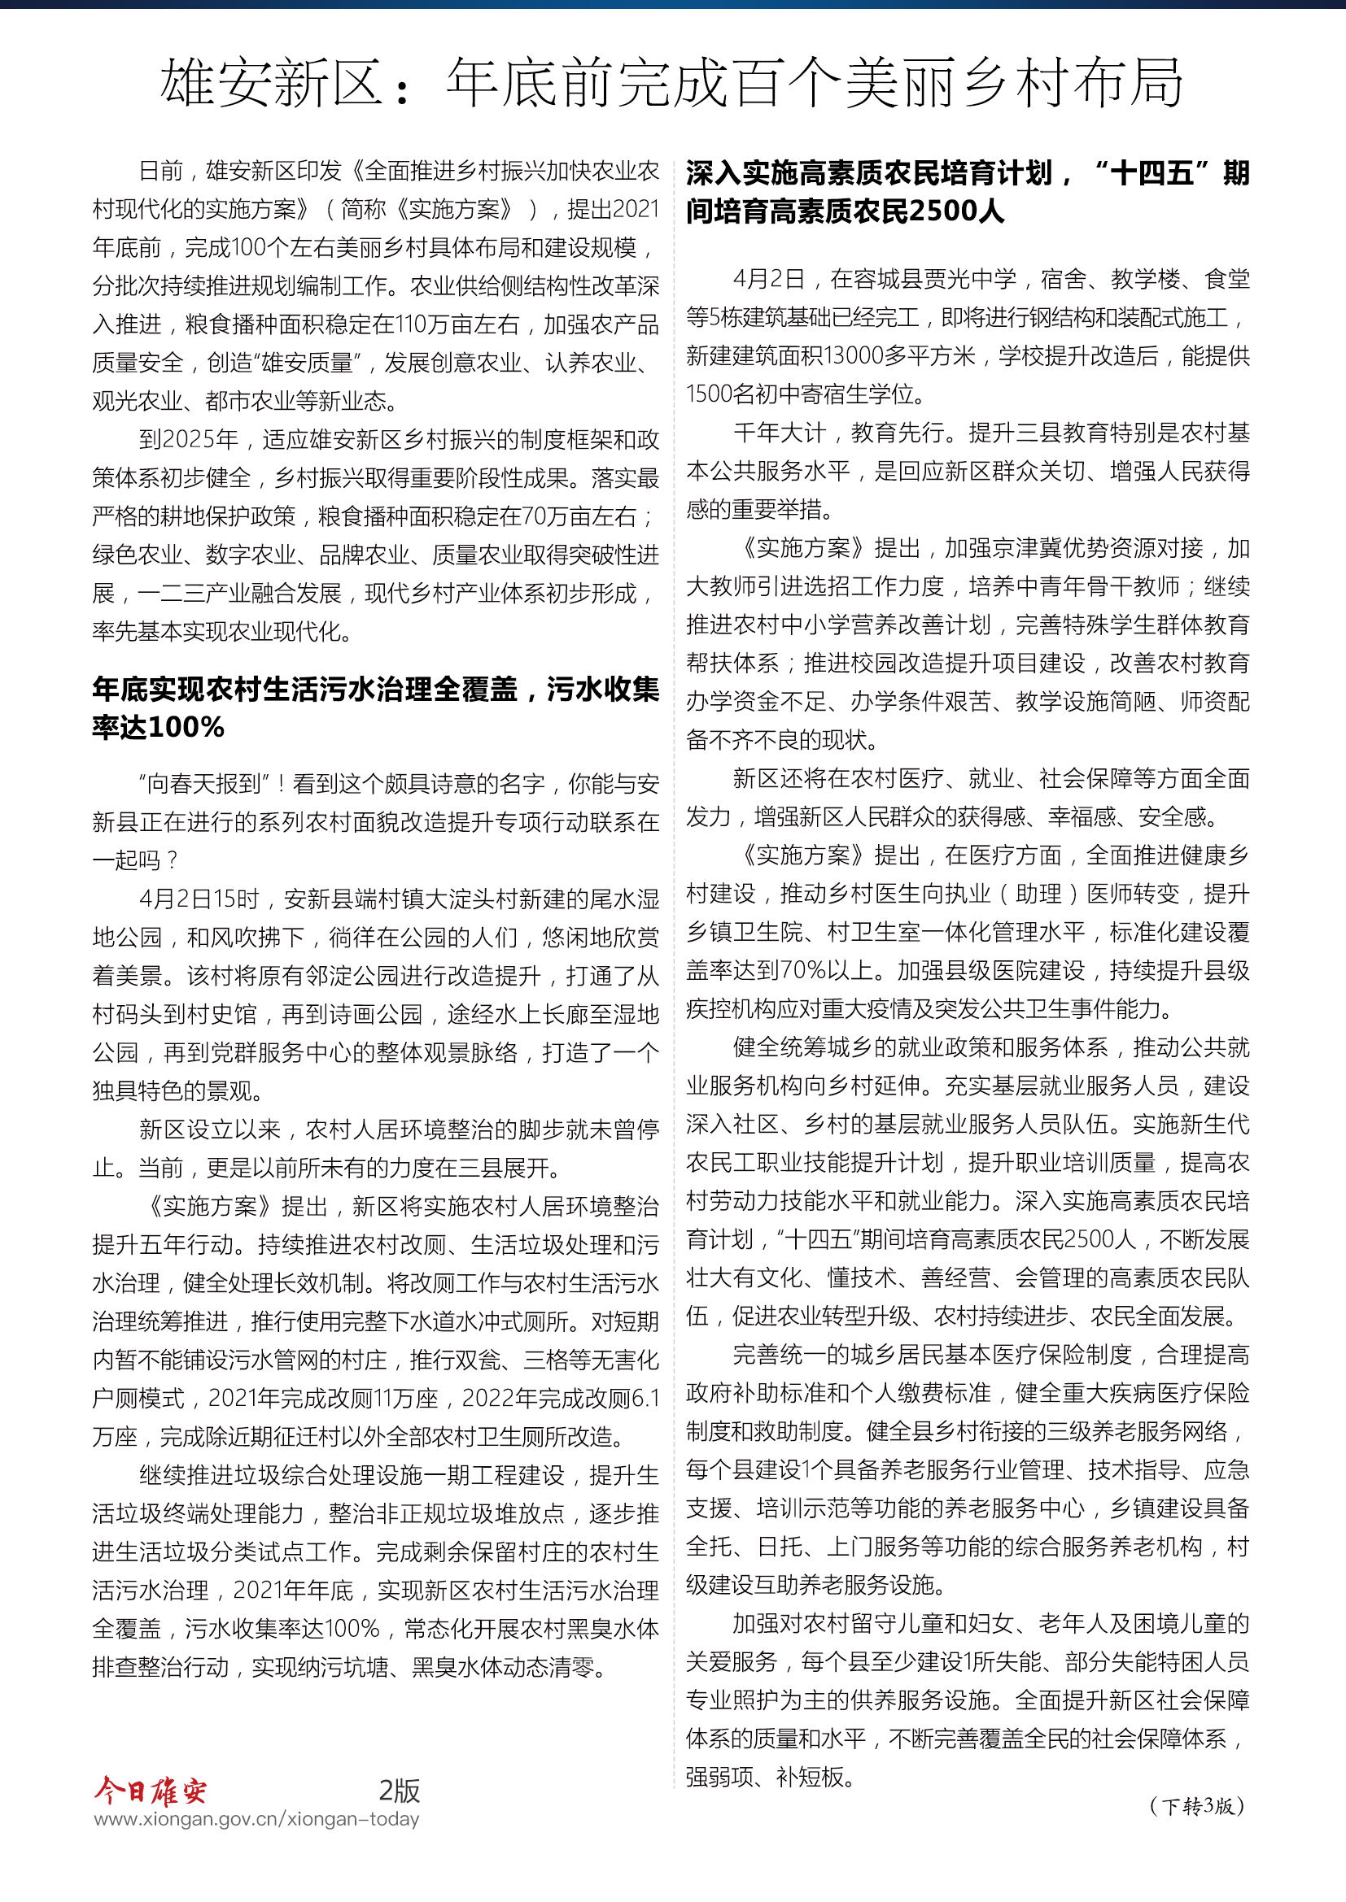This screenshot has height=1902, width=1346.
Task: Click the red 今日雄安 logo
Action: [x=150, y=1790]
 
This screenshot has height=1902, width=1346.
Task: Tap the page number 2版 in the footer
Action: [x=400, y=1790]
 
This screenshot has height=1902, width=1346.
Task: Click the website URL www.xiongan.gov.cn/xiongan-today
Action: [x=256, y=1818]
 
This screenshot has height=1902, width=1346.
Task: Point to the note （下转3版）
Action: [x=1197, y=1806]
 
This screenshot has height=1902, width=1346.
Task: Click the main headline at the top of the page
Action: [x=671, y=83]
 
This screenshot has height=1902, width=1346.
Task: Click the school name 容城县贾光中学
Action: [x=924, y=279]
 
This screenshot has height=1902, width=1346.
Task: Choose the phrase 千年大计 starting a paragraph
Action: [x=779, y=433]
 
